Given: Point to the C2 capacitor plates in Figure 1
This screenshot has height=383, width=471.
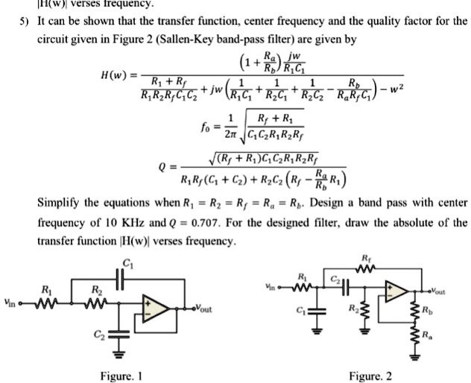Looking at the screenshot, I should [116, 334].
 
